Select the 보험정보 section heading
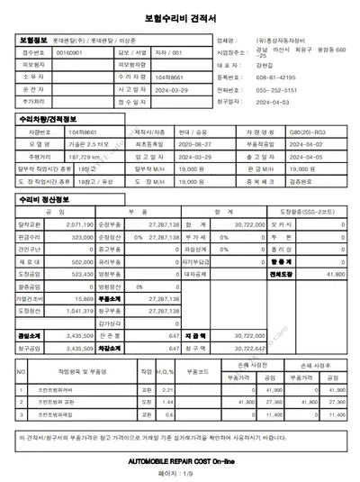pyautogui.click(x=35, y=41)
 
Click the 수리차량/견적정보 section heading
pyautogui.click(x=46, y=120)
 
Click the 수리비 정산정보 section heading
pyautogui.click(x=44, y=199)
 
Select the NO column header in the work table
pyautogui.click(x=20, y=370)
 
